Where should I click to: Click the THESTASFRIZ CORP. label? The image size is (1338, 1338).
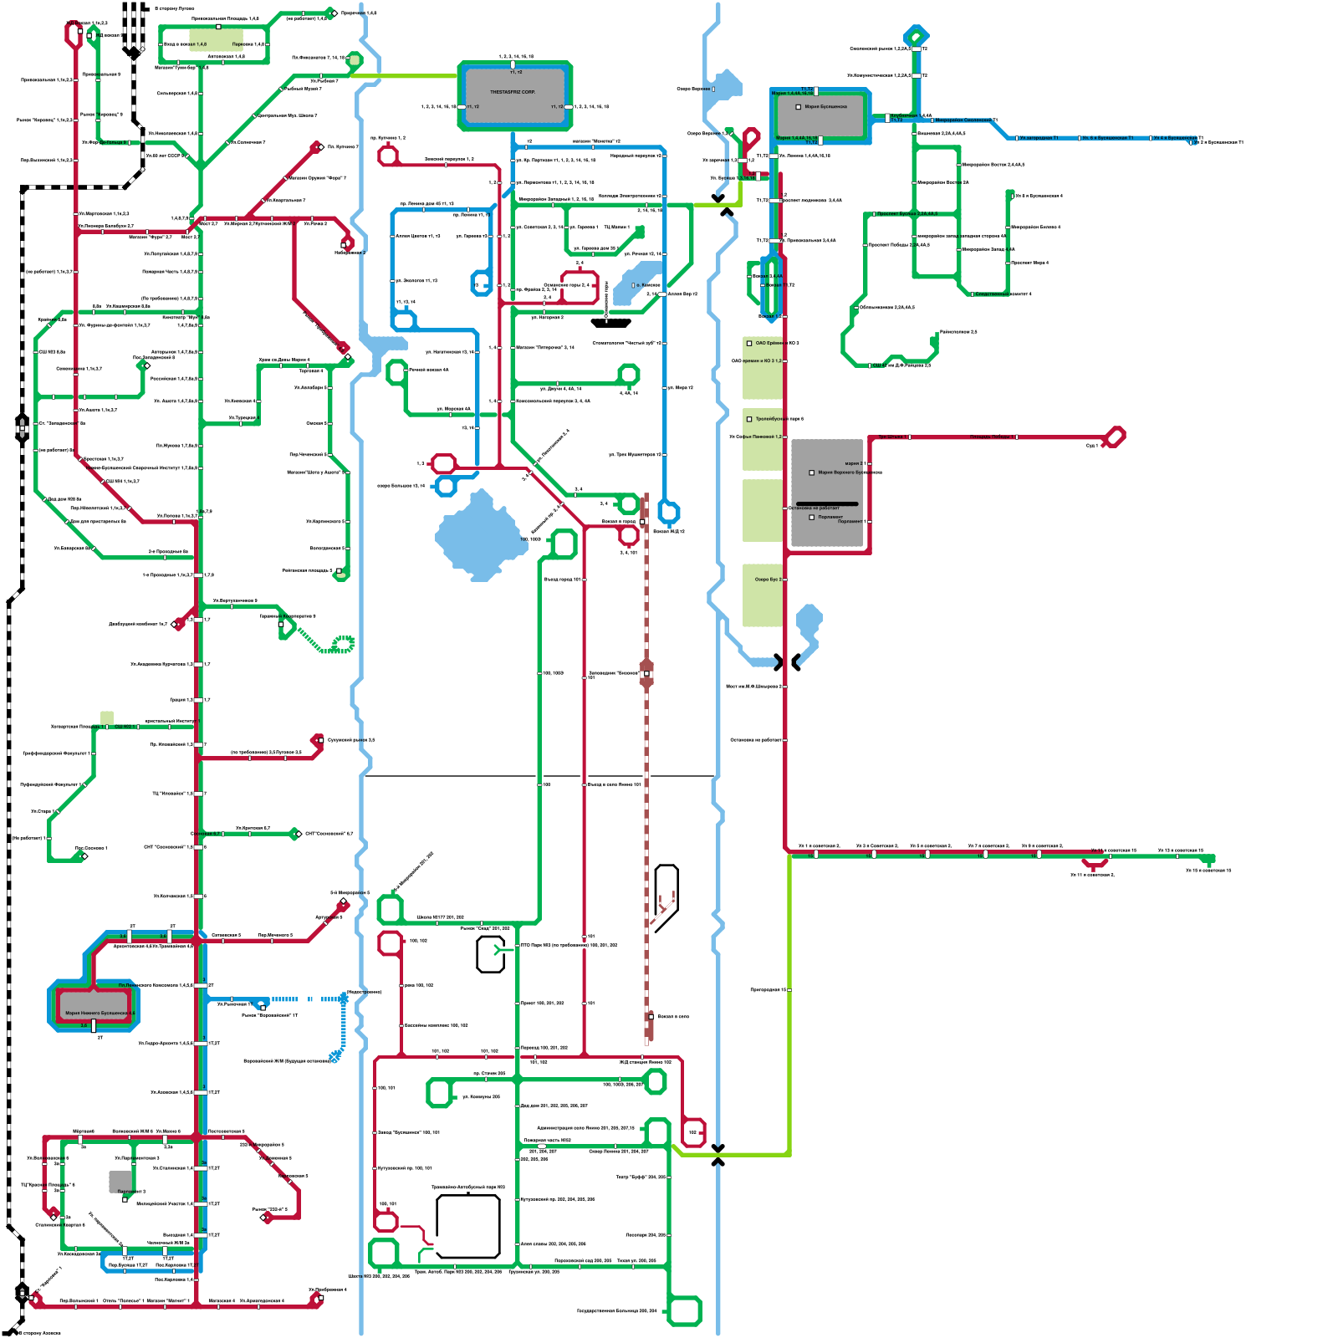513,92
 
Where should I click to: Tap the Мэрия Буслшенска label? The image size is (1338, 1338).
825,107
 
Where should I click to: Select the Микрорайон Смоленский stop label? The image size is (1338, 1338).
965,120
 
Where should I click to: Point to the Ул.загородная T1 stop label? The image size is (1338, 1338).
1038,138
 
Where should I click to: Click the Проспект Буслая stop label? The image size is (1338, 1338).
907,214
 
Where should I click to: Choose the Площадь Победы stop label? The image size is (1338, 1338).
992,437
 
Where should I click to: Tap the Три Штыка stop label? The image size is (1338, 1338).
891,437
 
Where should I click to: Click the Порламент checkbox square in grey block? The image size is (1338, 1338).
811,517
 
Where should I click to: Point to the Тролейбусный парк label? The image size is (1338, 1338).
779,419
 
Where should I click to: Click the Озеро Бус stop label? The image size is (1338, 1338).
768,579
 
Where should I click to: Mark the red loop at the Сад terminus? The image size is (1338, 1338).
1115,437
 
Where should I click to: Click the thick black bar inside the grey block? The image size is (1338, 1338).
827,503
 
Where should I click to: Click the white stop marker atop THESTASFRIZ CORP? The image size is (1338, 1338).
513,64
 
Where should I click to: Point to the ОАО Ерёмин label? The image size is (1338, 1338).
769,343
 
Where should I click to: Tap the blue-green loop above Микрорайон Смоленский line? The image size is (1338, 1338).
917,36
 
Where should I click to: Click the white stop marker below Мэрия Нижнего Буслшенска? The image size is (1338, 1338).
94,1026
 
